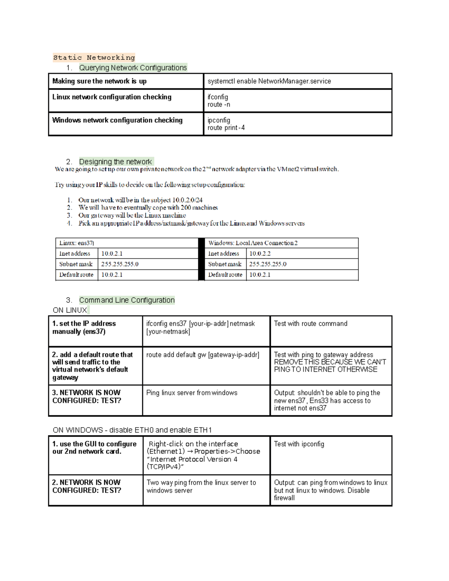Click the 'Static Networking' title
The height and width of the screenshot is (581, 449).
pos(94,58)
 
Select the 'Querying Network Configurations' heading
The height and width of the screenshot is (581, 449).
pos(132,68)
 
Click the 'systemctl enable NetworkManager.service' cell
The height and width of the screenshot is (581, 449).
pos(269,81)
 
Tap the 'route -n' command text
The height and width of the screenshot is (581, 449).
pos(219,105)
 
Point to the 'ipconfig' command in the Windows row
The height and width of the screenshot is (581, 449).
pos(219,120)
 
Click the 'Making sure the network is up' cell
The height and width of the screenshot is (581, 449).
pos(100,81)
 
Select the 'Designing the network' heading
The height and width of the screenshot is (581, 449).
pos(115,162)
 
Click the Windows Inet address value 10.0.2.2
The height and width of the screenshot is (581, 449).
pos(260,253)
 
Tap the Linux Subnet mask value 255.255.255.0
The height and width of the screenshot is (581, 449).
pos(120,264)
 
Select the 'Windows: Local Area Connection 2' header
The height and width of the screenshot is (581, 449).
pos(253,243)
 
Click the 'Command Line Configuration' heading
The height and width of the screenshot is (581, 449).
pos(126,300)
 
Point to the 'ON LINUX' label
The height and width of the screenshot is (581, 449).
pos(70,310)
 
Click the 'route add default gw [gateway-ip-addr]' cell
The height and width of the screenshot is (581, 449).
pos(202,355)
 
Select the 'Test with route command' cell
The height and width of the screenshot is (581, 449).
pos(311,324)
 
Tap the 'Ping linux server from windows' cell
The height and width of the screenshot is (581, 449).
pos(192,393)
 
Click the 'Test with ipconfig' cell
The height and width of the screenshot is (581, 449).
pos(299,444)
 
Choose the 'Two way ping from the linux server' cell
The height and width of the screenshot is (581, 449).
pos(201,486)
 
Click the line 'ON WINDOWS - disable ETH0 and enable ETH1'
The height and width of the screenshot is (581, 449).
pos(132,430)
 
